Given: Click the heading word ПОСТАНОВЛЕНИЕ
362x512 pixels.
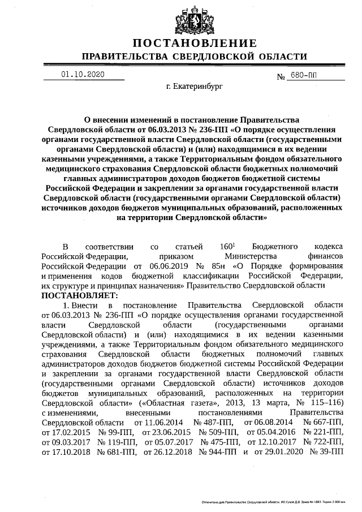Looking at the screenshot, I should pos(195,44).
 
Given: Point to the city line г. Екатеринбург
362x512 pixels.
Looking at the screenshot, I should pos(195,88).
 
